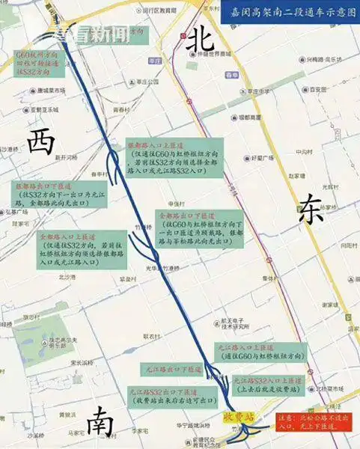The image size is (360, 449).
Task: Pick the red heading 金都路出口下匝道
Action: click(184, 215)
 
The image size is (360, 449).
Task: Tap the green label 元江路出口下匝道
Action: click(172, 370)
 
